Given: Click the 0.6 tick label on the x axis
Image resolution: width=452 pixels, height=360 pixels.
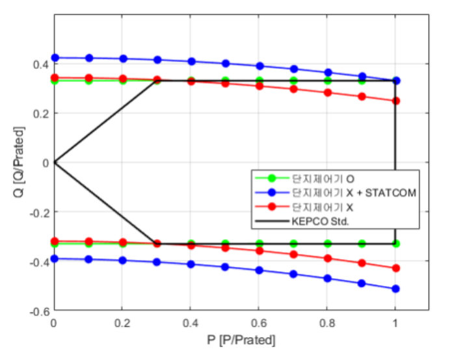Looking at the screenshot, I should pyautogui.click(x=259, y=323).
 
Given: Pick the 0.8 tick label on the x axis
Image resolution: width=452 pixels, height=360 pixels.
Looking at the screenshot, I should pyautogui.click(x=327, y=323).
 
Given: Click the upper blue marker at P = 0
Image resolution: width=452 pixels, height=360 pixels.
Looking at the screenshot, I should pyautogui.click(x=55, y=58).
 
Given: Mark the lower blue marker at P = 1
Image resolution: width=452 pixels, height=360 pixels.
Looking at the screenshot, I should pyautogui.click(x=395, y=289).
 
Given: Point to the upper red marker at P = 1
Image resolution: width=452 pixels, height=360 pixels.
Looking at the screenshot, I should pyautogui.click(x=395, y=101).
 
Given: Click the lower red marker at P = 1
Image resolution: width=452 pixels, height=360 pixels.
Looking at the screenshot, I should pyautogui.click(x=395, y=268).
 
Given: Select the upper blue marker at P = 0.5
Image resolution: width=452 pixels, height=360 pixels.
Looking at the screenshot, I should pyautogui.click(x=226, y=64).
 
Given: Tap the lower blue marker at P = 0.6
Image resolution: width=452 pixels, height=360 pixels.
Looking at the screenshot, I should pyautogui.click(x=259, y=270).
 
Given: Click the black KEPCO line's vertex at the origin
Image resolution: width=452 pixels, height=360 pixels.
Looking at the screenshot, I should pyautogui.click(x=55, y=162).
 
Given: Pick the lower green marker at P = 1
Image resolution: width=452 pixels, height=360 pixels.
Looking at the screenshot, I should pyautogui.click(x=395, y=244).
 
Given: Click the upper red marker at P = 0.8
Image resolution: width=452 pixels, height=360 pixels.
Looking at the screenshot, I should pyautogui.click(x=328, y=92).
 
